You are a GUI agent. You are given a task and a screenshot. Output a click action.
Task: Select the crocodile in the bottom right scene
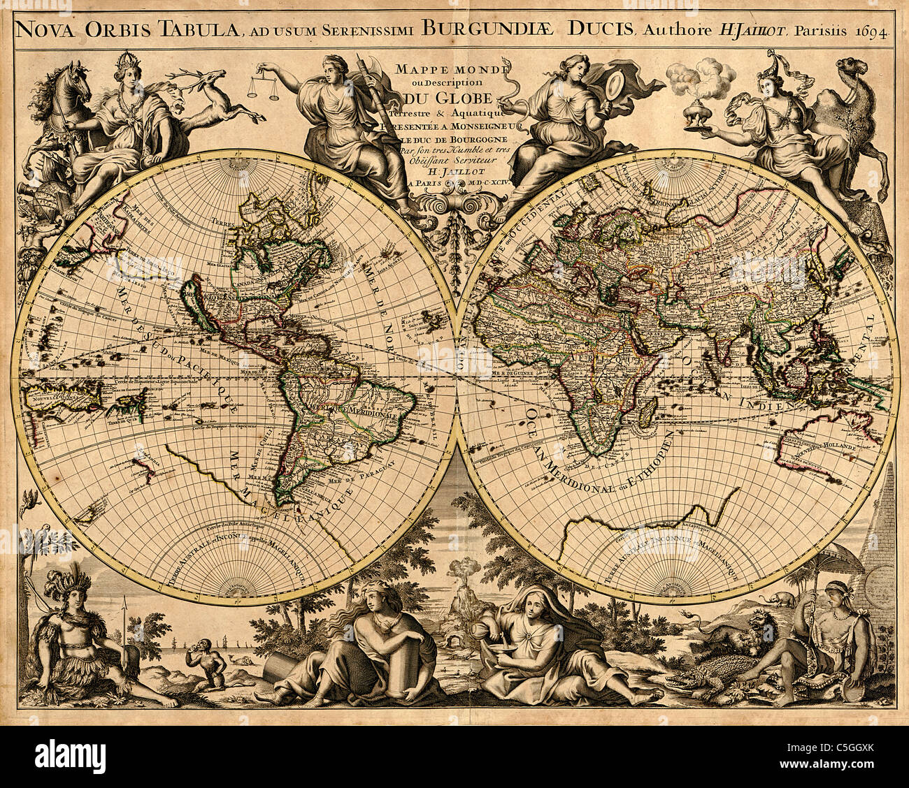[x=706, y=675]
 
